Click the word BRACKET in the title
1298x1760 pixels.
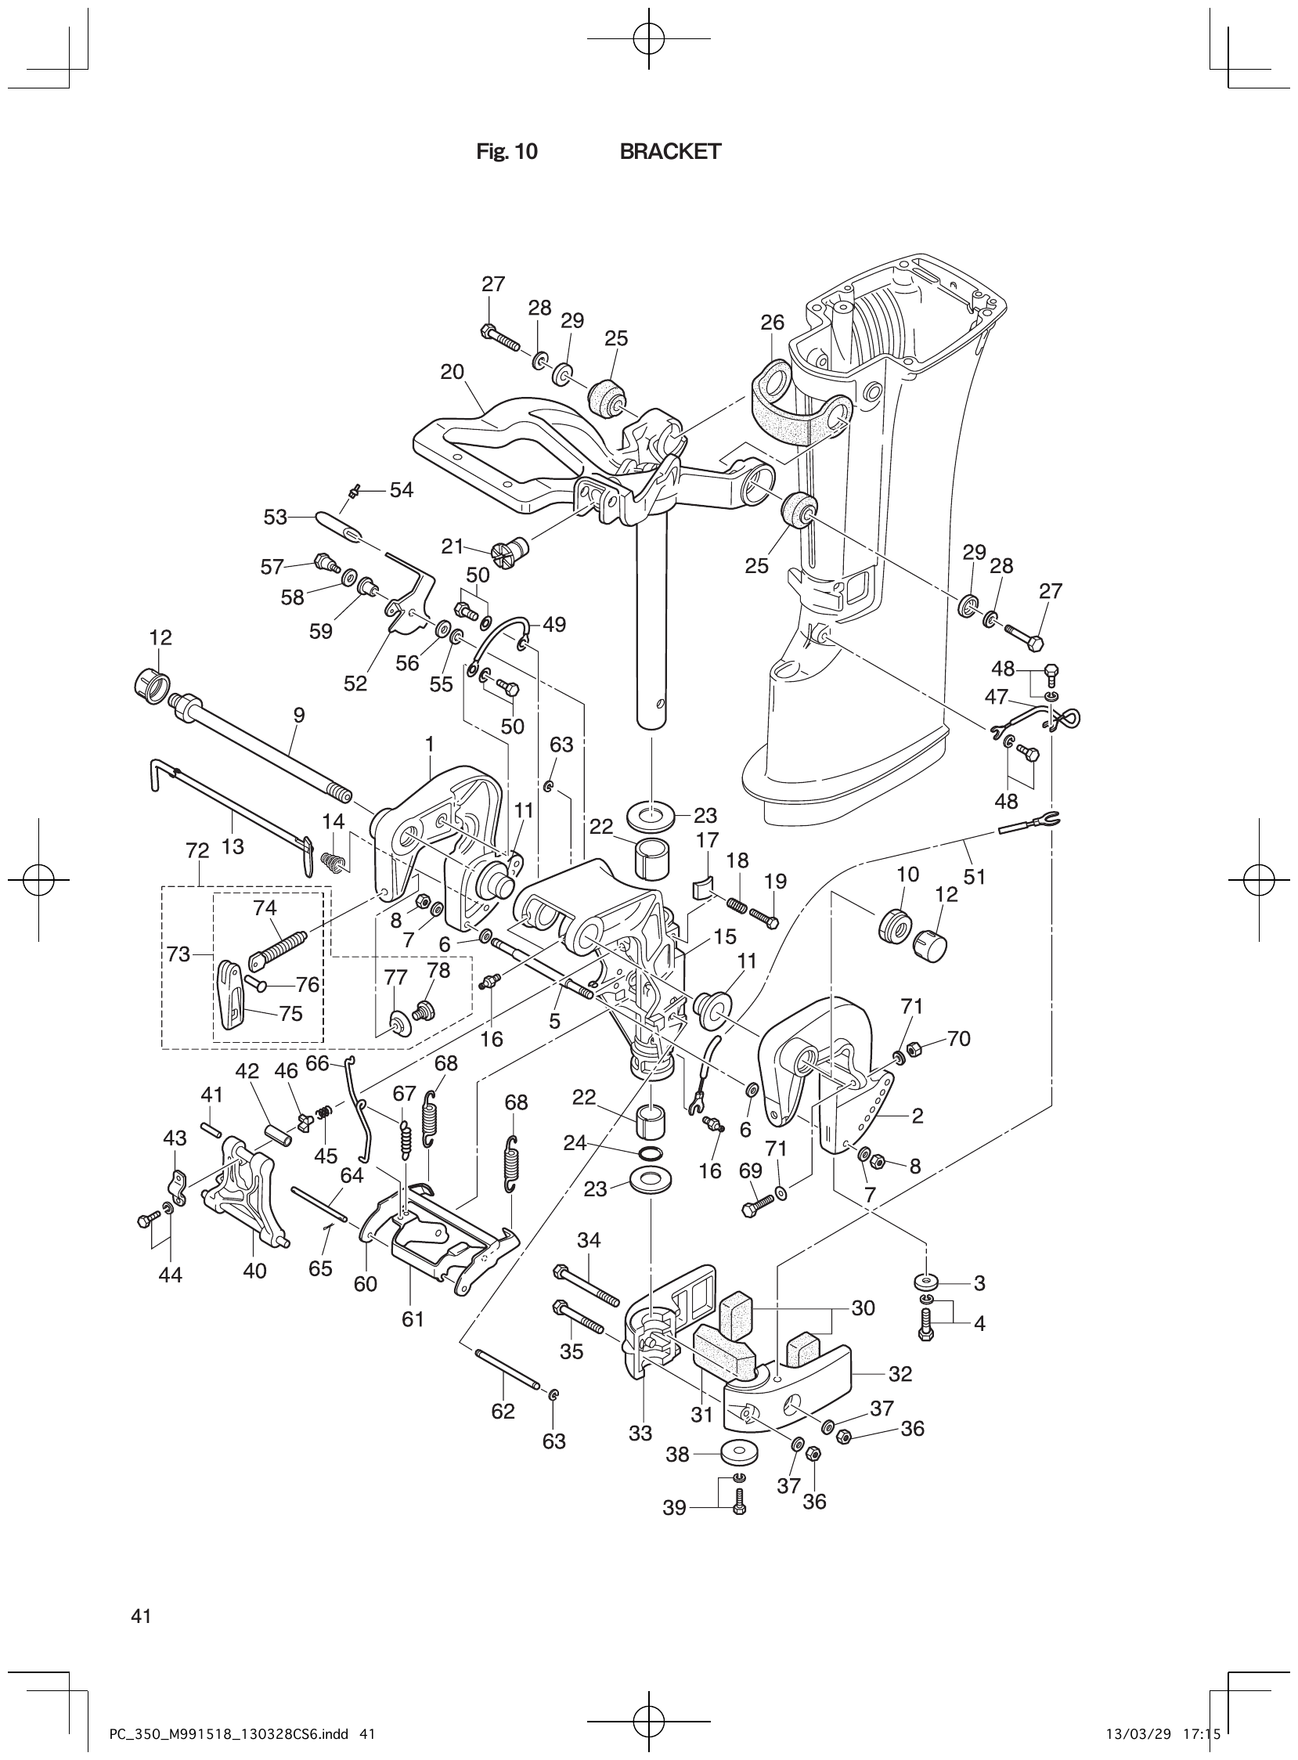[x=669, y=152]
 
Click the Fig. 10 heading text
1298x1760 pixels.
[x=507, y=152]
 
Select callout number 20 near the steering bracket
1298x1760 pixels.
[x=452, y=372]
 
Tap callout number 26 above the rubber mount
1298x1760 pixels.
[x=773, y=322]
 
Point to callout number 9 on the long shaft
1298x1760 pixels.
[x=298, y=715]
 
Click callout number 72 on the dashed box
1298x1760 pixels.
[x=197, y=851]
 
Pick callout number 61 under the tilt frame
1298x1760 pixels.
[x=413, y=1319]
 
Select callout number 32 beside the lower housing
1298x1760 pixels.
[x=900, y=1373]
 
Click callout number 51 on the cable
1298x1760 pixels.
[x=975, y=876]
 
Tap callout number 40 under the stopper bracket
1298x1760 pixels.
[x=254, y=1271]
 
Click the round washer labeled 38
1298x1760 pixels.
[x=737, y=1453]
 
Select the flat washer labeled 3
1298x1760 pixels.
[x=928, y=1282]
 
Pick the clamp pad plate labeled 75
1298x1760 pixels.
[x=230, y=996]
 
